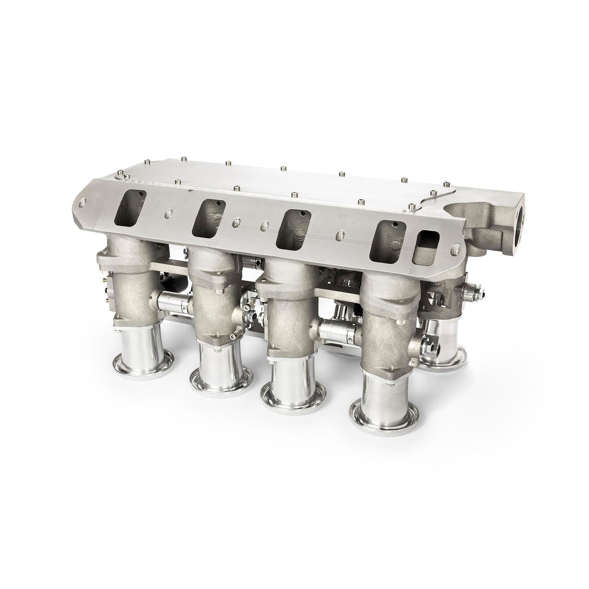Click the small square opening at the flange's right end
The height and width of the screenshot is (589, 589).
coord(427,244)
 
